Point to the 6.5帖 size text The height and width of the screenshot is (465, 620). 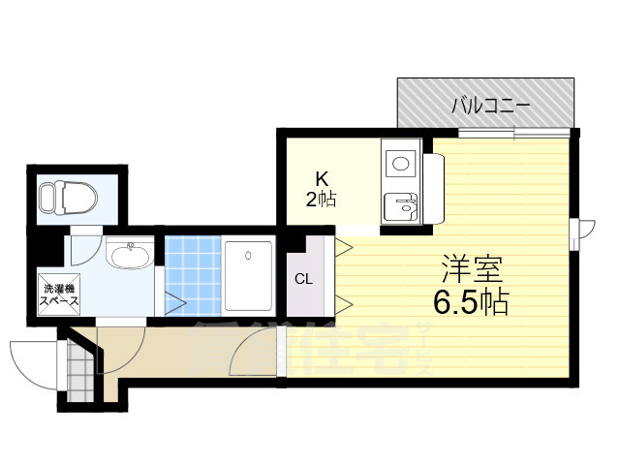pos(472,304)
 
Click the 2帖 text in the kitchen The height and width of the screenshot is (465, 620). pos(322,201)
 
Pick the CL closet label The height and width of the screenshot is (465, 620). pos(304,280)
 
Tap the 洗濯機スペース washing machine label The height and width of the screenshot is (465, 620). pos(58,294)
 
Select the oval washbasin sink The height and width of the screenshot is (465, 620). pos(129,258)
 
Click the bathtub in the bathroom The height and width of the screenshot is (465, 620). pos(249,276)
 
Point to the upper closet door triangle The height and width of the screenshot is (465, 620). pos(343,247)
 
